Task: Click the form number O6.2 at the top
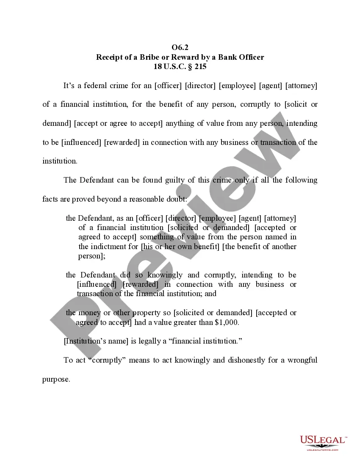coord(180,47)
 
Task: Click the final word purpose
coord(55,379)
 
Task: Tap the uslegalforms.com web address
coord(322,449)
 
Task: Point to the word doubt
coord(205,199)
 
